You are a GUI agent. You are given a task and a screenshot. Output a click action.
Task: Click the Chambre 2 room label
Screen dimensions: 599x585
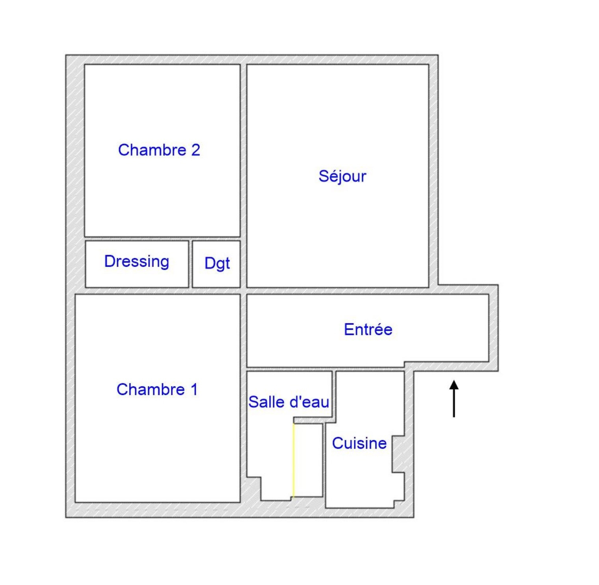coord(159,150)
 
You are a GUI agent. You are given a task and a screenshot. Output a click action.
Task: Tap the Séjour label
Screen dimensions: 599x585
coord(342,176)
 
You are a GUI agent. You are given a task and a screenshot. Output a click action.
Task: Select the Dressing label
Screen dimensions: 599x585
coord(137,262)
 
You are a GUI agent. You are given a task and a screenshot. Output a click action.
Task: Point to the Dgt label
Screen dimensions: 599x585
coord(217,263)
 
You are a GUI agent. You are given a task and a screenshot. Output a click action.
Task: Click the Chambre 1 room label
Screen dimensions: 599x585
coord(157,389)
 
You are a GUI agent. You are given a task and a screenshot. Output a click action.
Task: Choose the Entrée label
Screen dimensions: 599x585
coord(368,329)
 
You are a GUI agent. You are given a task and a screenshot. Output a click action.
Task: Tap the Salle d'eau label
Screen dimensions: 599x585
coord(289,402)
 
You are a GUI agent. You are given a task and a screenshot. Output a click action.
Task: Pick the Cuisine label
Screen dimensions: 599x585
coord(359,443)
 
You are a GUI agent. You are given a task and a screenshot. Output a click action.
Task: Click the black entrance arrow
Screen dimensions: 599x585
coord(454,399)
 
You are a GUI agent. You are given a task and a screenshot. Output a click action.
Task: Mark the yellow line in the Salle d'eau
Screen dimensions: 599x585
coord(293,460)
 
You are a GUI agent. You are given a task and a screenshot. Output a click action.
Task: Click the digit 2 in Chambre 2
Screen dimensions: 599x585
coord(195,150)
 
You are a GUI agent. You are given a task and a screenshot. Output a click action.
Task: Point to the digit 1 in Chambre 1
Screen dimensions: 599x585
coord(194,389)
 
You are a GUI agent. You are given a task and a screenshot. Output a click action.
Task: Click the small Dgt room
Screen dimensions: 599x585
coord(216,264)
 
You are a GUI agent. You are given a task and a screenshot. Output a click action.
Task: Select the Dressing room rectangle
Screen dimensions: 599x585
coord(137,264)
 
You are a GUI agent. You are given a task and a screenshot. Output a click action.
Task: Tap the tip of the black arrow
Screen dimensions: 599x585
coord(454,380)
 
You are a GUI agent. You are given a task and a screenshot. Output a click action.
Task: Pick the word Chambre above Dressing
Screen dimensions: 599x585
coord(152,150)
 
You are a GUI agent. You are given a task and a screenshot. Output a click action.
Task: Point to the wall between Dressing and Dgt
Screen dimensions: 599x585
coord(190,264)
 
